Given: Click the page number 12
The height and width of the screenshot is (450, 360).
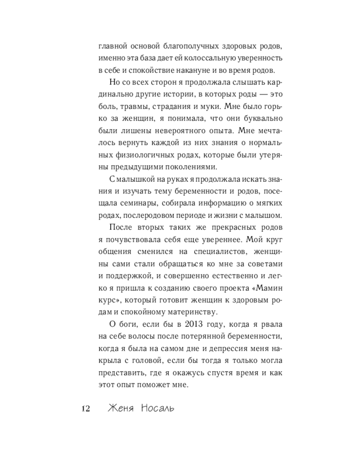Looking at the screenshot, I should (x=85, y=409).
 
